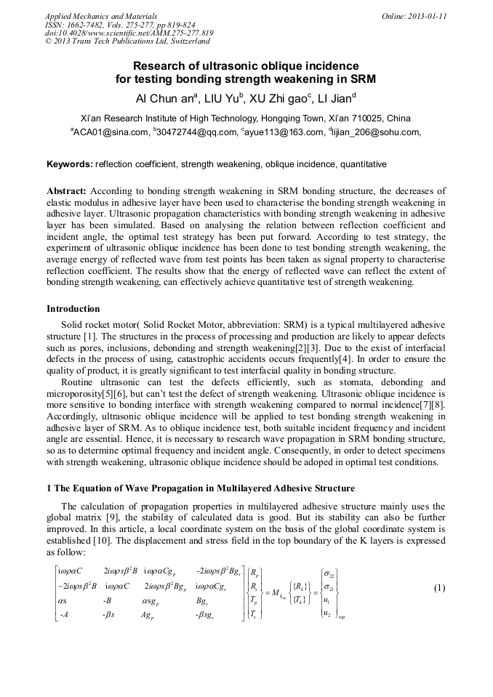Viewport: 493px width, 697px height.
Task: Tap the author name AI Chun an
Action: tap(166, 98)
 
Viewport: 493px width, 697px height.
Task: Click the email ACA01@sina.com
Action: tap(110, 132)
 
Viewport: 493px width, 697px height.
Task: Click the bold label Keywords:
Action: tap(70, 164)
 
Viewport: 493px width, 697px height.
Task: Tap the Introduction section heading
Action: tap(73, 309)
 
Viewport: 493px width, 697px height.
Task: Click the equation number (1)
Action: tap(438, 587)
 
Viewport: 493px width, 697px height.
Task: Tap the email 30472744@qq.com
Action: tap(196, 132)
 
